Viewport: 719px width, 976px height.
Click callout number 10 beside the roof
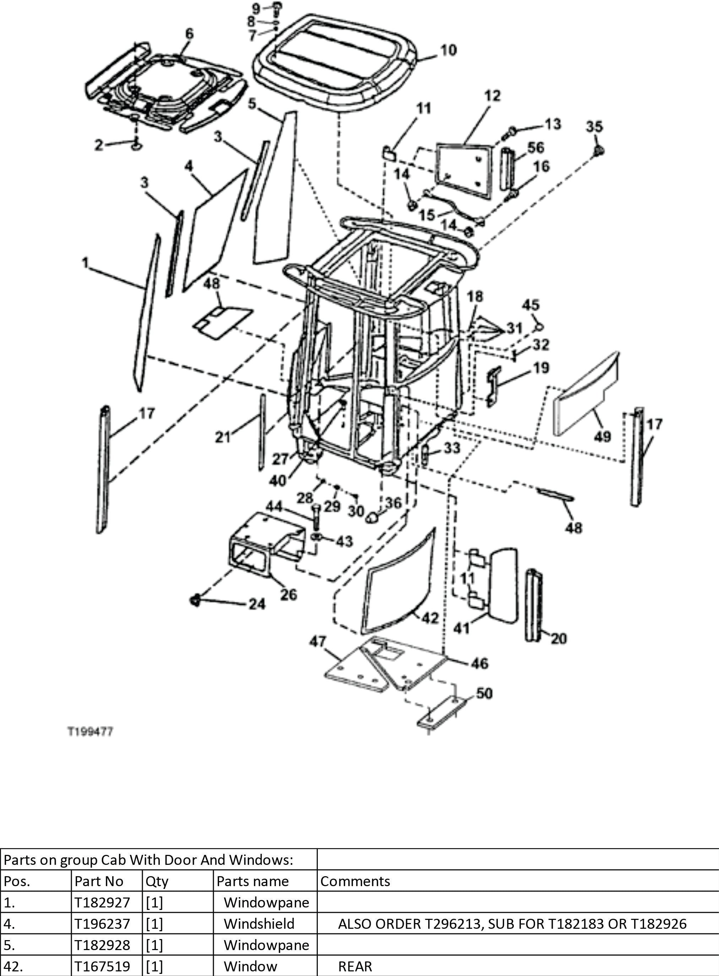click(448, 50)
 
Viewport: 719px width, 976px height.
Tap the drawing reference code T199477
click(90, 732)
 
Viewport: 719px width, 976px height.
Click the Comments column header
click(355, 881)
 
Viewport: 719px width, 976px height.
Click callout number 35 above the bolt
click(594, 127)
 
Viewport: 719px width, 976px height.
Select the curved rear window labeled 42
click(398, 583)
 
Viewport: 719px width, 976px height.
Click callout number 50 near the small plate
click(484, 693)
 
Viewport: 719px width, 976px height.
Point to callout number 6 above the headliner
click(189, 33)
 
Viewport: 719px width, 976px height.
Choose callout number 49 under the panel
click(602, 436)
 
